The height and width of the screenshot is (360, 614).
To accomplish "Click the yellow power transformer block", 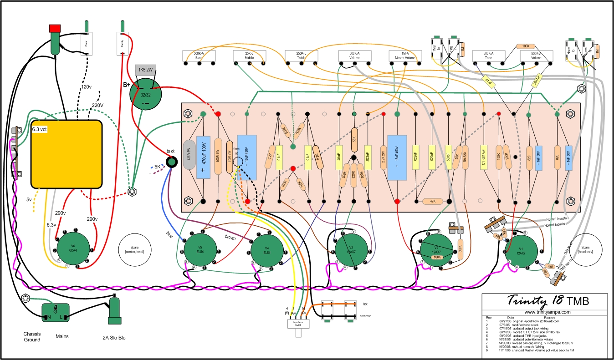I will [66, 154].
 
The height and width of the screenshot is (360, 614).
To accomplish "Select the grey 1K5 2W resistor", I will [146, 70].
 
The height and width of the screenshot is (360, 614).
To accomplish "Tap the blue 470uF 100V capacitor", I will [203, 157].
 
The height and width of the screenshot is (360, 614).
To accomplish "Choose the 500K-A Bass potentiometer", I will [199, 56].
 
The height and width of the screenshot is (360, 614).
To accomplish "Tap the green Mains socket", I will [55, 313].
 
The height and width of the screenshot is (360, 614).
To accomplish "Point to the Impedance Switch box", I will [298, 324].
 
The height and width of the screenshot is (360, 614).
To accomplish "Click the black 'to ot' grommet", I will [172, 162].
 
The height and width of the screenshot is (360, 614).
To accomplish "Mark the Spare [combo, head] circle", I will [135, 249].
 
